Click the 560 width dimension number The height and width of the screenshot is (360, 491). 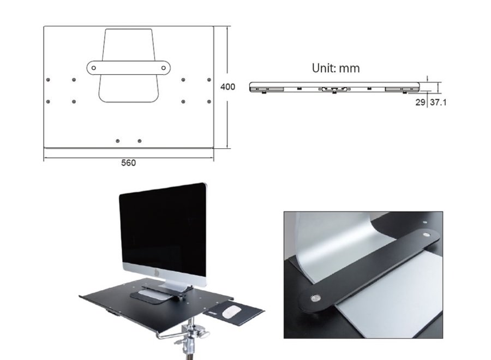(128, 163)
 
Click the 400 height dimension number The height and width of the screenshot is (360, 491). (227, 87)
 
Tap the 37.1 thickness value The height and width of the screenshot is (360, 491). (438, 102)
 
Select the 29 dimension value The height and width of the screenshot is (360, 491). (420, 102)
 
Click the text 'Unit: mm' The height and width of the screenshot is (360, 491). (336, 68)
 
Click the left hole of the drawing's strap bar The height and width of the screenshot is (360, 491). (94, 68)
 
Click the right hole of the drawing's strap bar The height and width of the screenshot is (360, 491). (163, 68)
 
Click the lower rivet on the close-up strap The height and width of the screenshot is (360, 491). (315, 298)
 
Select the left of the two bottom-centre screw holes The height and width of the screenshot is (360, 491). (118, 141)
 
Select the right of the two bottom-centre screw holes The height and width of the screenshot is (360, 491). (140, 141)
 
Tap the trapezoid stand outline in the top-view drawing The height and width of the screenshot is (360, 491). (129, 87)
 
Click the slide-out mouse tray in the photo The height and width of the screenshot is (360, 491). (236, 314)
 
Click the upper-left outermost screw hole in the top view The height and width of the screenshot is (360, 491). (48, 80)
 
